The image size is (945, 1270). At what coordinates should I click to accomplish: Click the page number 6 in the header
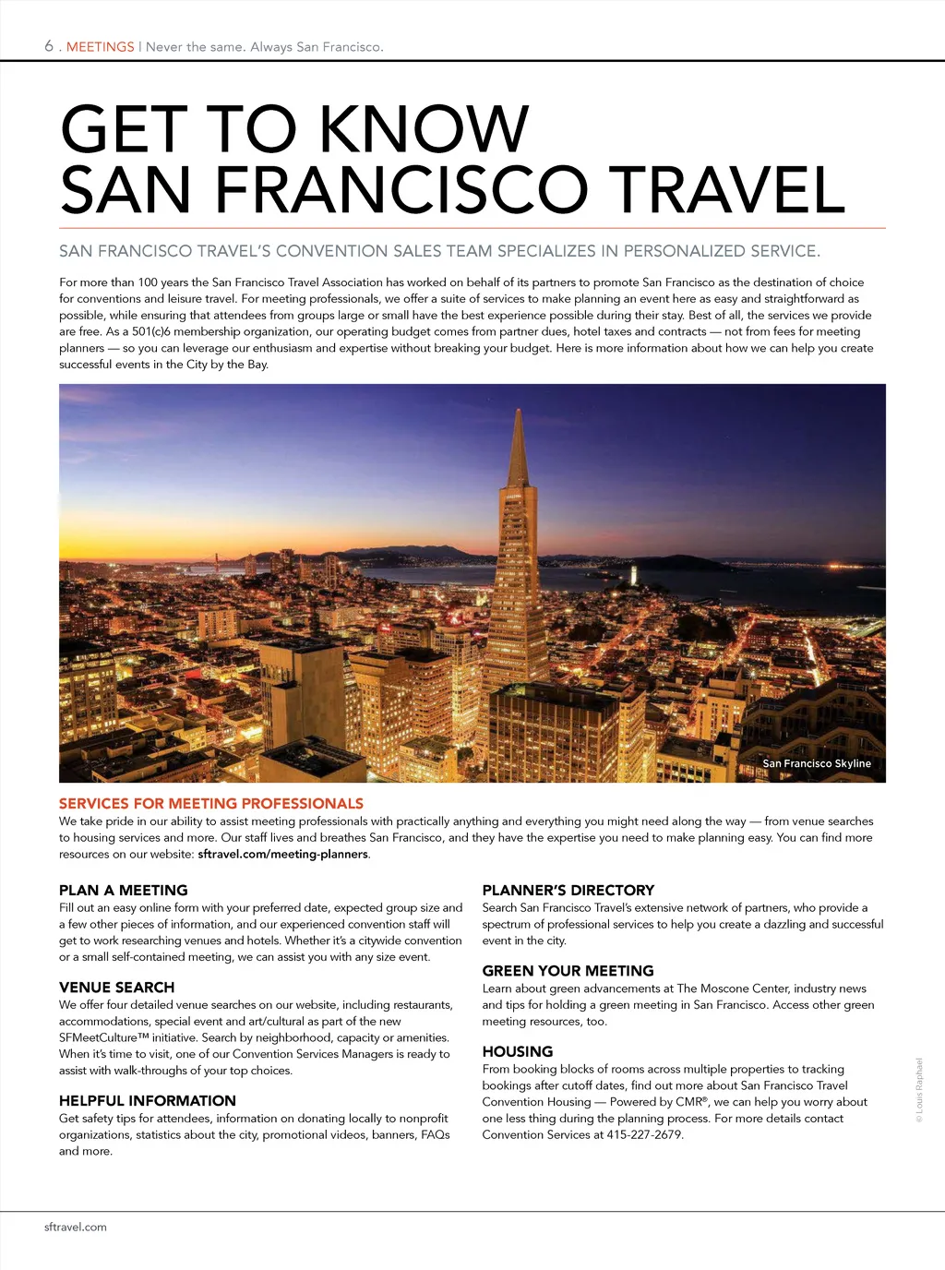click(49, 46)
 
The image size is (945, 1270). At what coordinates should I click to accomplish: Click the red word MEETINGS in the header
click(101, 47)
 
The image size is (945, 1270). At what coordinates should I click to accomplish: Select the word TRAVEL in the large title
click(726, 190)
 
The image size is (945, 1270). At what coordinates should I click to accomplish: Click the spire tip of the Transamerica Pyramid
click(519, 412)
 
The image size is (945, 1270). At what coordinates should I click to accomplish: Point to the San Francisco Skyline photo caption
click(817, 763)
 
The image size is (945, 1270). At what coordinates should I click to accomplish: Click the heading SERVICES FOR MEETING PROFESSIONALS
click(211, 804)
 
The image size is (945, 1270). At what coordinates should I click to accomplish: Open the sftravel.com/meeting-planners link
click(283, 855)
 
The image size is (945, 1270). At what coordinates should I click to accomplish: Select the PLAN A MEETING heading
click(123, 891)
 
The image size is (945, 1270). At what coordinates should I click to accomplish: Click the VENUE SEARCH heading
click(116, 988)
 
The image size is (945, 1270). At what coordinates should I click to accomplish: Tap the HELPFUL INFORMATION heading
click(148, 1101)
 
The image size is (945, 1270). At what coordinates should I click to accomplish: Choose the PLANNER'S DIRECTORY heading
click(568, 891)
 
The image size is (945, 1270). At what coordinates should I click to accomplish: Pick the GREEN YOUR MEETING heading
click(568, 971)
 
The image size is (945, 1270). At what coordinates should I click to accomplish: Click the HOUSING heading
click(518, 1052)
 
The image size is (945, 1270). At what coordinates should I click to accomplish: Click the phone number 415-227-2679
click(643, 1135)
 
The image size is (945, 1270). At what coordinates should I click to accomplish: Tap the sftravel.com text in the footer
click(76, 1228)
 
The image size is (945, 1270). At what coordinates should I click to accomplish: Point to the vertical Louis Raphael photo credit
click(919, 1090)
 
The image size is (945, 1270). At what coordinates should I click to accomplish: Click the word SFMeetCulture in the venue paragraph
click(98, 1038)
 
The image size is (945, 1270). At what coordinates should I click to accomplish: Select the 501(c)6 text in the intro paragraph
click(151, 332)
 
